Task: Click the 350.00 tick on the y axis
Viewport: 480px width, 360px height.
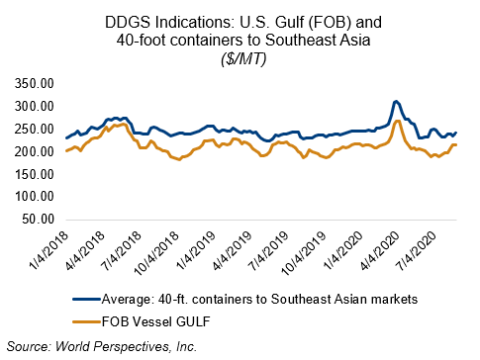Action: coord(35,84)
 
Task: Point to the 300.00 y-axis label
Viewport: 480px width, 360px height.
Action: coord(35,107)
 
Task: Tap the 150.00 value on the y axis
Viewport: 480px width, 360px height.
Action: coord(35,174)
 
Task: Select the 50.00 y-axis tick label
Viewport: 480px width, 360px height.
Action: coord(38,219)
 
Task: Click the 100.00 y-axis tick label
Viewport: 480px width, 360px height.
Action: coord(35,197)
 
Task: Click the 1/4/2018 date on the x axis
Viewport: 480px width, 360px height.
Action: coord(48,250)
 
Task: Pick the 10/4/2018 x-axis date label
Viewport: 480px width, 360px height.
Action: coord(157,253)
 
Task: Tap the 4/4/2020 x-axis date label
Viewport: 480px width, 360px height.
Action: coord(380,250)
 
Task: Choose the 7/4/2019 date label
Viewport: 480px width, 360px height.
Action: coord(269,250)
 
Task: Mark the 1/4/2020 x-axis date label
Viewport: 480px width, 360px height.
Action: coord(343,250)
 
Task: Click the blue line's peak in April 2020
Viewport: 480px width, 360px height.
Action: coord(396,101)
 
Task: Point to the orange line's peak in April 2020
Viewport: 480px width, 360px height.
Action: coord(398,121)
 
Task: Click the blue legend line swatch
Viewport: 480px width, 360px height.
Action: coord(86,300)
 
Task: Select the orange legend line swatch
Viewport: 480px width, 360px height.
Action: coord(86,321)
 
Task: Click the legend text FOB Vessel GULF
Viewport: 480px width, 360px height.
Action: coord(156,321)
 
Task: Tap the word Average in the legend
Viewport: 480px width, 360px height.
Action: coord(127,300)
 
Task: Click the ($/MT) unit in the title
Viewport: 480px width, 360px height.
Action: coord(243,59)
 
